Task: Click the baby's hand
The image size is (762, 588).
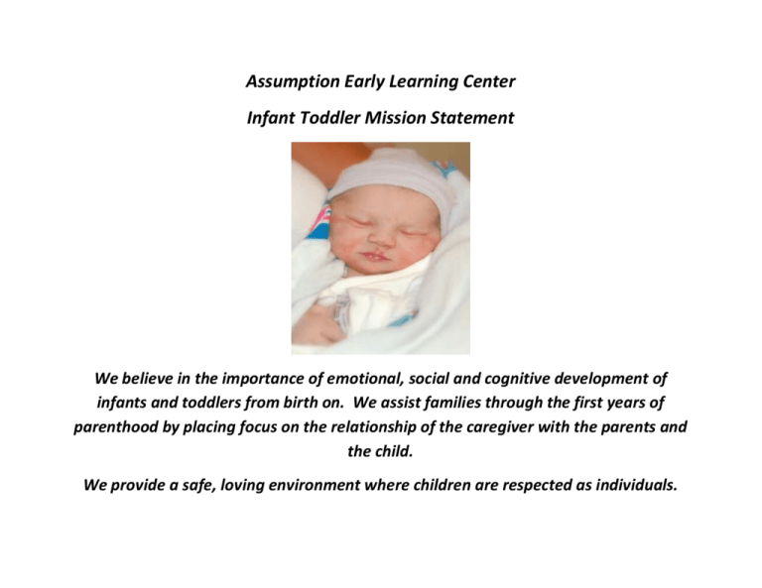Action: (315, 324)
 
